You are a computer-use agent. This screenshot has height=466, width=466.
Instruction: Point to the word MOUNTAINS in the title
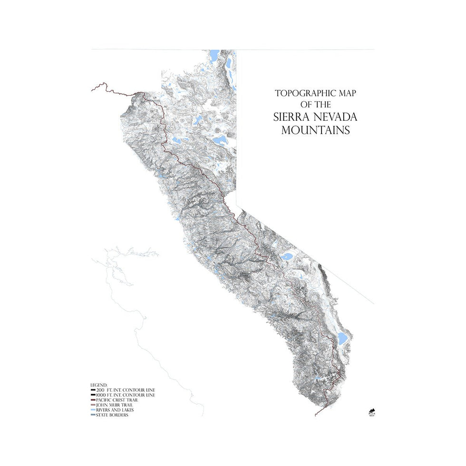315,130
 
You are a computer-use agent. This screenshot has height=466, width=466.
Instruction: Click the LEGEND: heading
99,385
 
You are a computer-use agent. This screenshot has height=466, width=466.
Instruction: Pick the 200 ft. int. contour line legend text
125,390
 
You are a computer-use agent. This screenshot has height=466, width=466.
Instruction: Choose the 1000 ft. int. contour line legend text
125,395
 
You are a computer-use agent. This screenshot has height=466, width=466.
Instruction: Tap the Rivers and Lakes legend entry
115,410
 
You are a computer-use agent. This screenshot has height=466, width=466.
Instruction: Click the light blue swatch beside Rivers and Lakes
93,410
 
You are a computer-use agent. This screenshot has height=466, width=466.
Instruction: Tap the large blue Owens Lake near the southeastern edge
342,338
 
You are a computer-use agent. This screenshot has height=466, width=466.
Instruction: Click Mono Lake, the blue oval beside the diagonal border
287,257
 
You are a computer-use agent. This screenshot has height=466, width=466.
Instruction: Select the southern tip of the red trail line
316,416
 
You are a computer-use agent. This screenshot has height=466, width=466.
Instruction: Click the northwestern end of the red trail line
92,89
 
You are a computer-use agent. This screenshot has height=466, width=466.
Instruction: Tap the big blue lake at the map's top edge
215,53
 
